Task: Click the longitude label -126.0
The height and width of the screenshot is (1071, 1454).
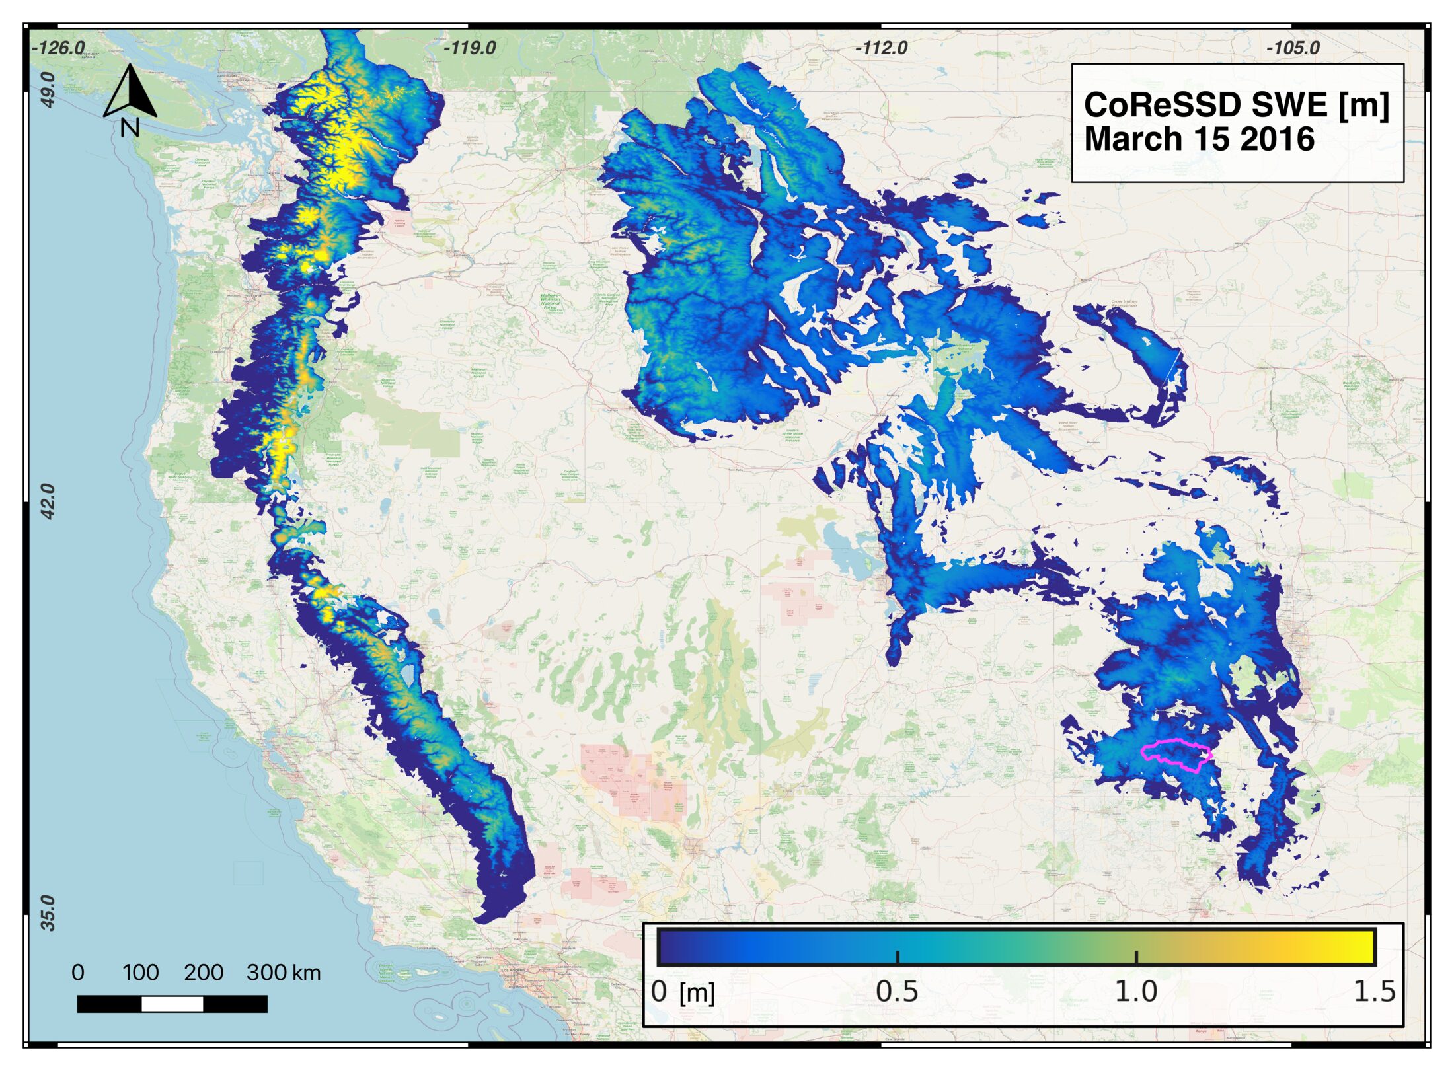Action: click(x=58, y=48)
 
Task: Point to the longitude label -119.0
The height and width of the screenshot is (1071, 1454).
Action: click(x=469, y=48)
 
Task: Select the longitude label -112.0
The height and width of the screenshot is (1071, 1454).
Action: click(x=881, y=48)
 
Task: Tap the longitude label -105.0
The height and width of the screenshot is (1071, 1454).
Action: click(x=1293, y=48)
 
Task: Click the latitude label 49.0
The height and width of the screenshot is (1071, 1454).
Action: click(x=48, y=90)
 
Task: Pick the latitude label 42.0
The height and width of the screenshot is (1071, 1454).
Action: click(x=48, y=501)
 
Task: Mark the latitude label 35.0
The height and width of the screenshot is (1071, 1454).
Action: click(x=48, y=913)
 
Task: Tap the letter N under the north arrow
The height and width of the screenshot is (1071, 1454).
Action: click(x=130, y=128)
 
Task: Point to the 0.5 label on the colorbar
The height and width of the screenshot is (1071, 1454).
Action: click(x=897, y=992)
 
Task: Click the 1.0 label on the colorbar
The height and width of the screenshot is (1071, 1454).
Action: click(x=1135, y=992)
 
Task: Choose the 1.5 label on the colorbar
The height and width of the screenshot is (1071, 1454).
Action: click(x=1374, y=992)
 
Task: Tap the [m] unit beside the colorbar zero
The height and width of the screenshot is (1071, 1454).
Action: click(x=697, y=993)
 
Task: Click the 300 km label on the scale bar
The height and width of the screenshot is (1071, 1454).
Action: click(x=283, y=973)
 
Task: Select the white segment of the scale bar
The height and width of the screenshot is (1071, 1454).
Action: click(x=172, y=1004)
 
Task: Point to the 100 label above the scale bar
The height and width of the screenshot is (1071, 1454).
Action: click(x=140, y=973)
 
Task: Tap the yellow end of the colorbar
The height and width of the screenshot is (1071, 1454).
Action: click(x=1361, y=947)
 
